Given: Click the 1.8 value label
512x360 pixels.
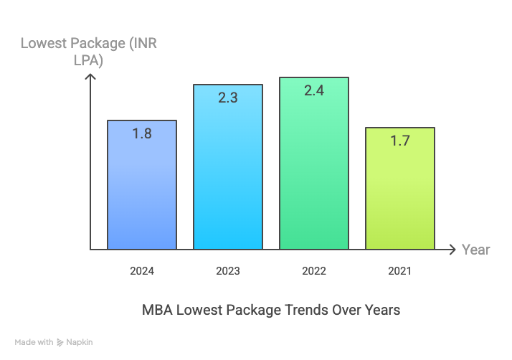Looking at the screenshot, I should (x=142, y=133).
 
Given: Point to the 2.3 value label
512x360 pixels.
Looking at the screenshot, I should (x=228, y=98).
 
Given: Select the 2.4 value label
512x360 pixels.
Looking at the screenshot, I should (x=314, y=90).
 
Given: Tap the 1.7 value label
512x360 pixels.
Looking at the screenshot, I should (x=400, y=141).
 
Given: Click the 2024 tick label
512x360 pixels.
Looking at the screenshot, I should (x=142, y=271).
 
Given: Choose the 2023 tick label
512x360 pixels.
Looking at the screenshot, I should (x=228, y=271).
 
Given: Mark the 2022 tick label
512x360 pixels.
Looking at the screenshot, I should (x=314, y=271).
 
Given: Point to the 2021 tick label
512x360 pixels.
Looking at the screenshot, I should (x=400, y=271).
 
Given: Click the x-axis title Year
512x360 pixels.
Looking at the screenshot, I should (x=476, y=250).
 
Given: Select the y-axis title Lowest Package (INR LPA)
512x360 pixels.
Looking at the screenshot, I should (x=89, y=52).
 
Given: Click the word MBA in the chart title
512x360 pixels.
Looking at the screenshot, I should (x=157, y=311).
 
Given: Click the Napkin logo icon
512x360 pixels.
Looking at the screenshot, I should (x=60, y=343).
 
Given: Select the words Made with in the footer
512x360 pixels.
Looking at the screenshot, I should (x=34, y=343).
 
